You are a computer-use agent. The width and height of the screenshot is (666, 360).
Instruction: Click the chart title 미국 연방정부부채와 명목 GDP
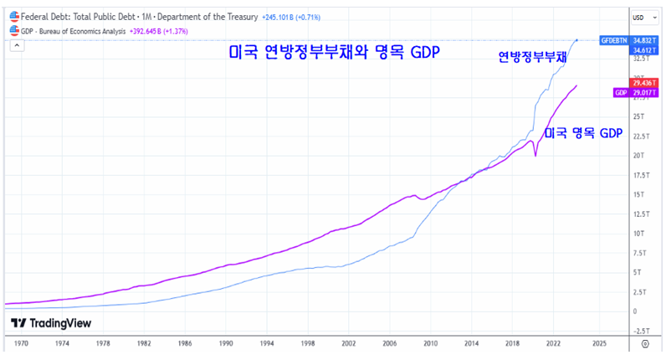click(x=334, y=52)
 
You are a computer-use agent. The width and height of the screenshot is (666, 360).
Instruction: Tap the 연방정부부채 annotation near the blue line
click(x=530, y=57)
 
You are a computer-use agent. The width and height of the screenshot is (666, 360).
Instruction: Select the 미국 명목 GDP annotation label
click(x=584, y=133)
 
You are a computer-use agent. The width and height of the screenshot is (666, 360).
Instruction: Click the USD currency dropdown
click(x=640, y=17)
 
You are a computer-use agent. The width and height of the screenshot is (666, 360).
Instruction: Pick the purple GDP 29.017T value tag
click(x=635, y=92)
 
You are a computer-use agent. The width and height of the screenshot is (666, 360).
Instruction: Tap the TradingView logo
click(x=51, y=323)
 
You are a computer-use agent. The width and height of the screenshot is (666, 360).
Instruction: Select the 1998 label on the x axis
click(x=307, y=343)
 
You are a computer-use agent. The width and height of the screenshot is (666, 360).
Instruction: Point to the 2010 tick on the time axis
click(x=430, y=343)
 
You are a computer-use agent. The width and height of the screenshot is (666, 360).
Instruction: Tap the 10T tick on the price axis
click(x=638, y=233)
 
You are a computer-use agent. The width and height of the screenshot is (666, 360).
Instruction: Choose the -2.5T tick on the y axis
click(x=638, y=330)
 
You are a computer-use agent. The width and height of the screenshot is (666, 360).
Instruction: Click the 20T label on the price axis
click(x=638, y=155)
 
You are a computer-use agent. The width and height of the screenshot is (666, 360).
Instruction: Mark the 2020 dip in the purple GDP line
click(x=535, y=155)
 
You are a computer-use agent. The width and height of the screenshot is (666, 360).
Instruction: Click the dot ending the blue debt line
click(x=576, y=40)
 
